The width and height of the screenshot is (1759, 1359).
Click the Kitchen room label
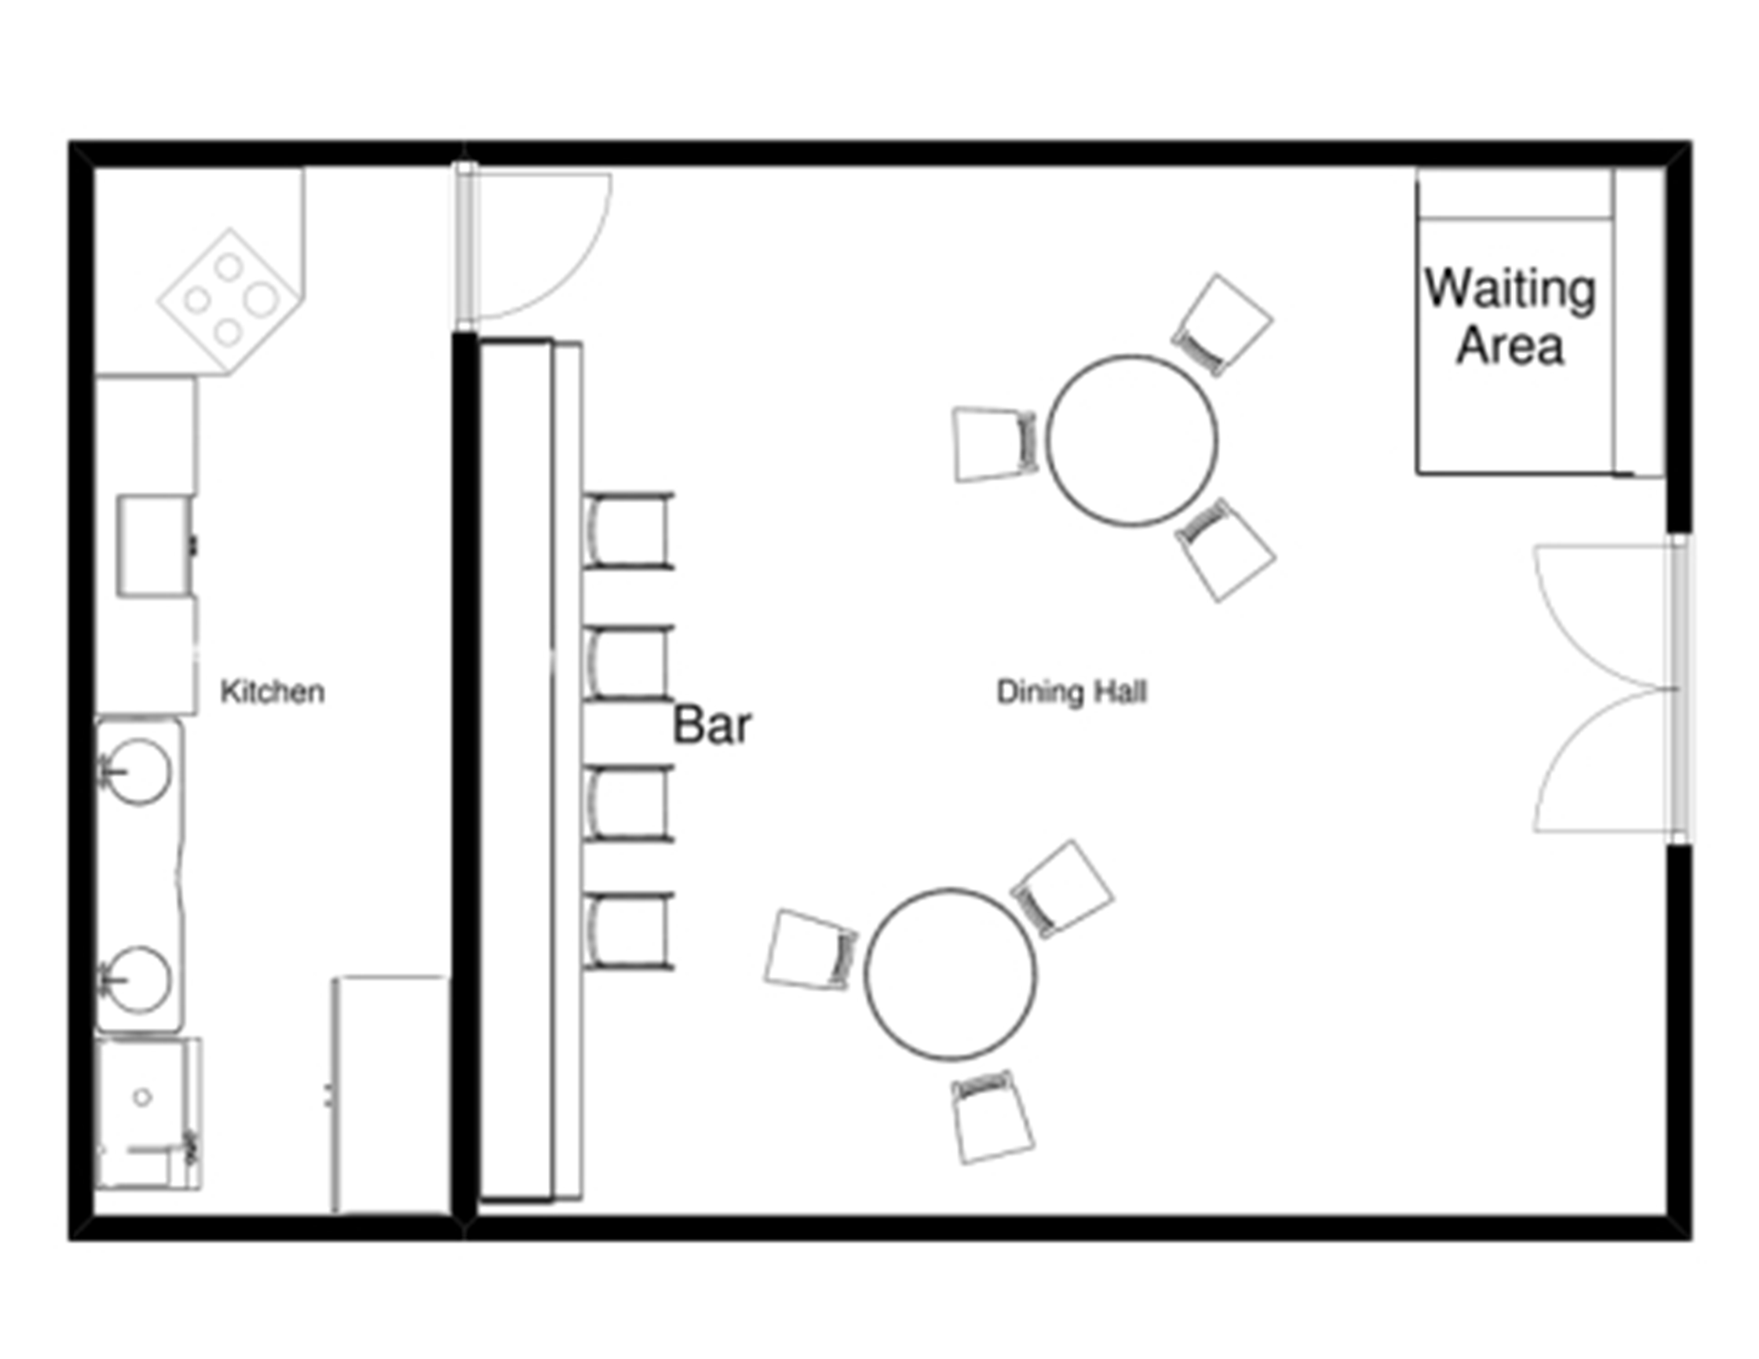click(x=272, y=692)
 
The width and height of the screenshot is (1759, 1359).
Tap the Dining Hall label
click(x=1071, y=692)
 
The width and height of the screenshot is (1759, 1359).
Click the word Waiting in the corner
click(x=1510, y=290)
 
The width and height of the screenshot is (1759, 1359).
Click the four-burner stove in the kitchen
click(x=230, y=300)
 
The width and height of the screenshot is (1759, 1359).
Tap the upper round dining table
click(x=1132, y=440)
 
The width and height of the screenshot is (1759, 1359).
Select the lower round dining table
click(x=950, y=974)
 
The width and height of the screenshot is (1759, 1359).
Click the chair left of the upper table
click(x=995, y=444)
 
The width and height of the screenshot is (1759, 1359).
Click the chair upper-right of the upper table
click(x=1223, y=325)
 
